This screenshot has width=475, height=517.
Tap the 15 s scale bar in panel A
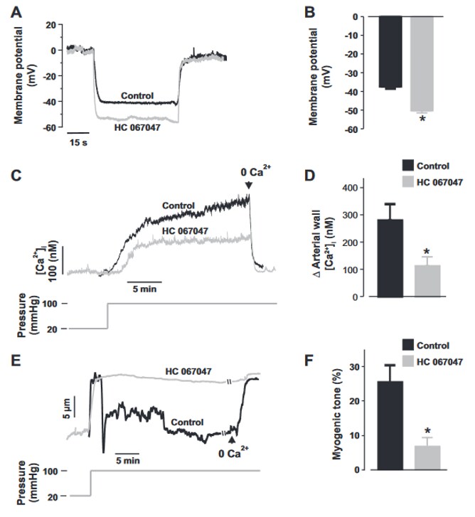[x=78, y=132]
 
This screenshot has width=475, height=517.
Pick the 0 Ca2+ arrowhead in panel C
[x=248, y=186]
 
